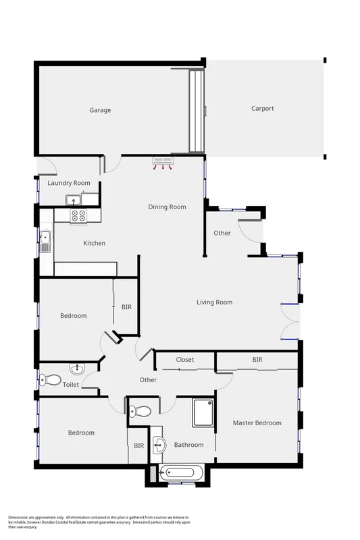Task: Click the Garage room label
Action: coord(100,110)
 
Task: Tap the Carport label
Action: coord(263,108)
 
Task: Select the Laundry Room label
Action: coord(69,183)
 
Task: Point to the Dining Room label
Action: coord(167,207)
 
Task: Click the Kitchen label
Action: coord(94,243)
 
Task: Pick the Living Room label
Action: coord(214,302)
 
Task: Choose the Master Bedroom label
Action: coord(257,423)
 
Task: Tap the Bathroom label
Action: coord(188,445)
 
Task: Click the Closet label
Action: coord(185,360)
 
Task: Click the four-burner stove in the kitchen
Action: coord(78,216)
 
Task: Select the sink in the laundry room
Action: coord(73,199)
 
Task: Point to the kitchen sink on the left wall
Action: coord(45,240)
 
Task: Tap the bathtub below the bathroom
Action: coord(185,474)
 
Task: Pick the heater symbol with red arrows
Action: coord(163,162)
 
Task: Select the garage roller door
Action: coord(196,111)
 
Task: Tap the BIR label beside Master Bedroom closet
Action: coord(257,360)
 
